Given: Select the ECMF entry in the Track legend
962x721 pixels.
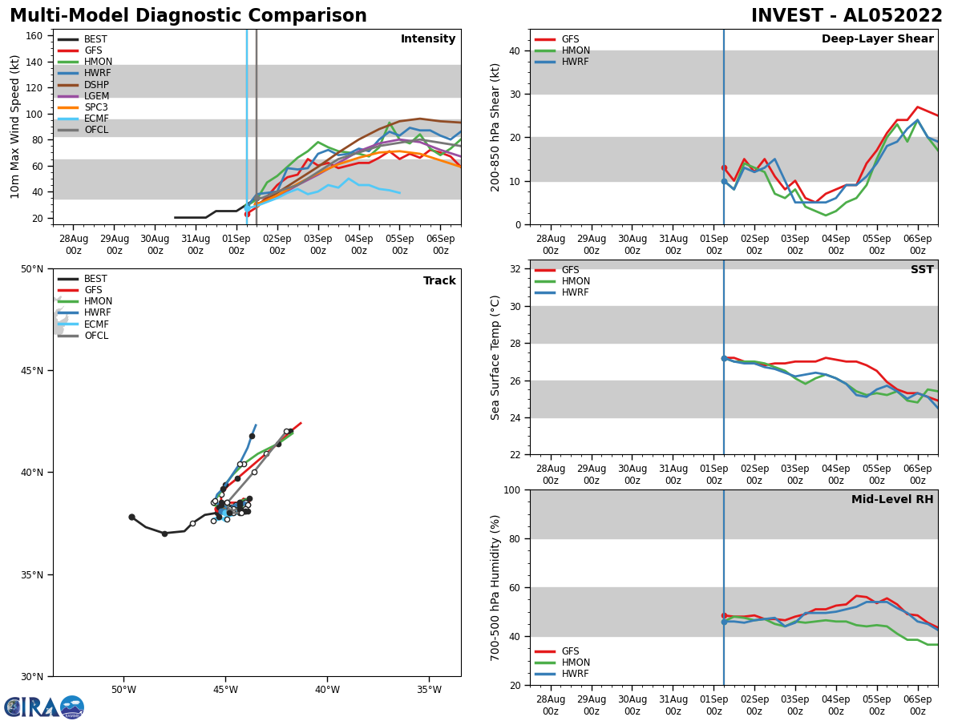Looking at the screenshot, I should click(96, 324).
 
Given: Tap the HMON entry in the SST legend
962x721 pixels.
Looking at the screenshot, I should click(576, 281).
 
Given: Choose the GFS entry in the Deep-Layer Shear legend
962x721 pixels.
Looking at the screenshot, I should click(570, 39).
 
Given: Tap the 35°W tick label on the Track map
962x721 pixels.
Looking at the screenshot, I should click(429, 690).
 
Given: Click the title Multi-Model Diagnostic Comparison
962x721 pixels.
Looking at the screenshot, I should click(188, 16).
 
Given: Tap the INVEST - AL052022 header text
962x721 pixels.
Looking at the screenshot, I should click(847, 16).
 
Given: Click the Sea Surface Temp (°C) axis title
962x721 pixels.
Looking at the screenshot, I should click(496, 357).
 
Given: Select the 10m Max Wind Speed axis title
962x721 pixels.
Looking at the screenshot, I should click(15, 127).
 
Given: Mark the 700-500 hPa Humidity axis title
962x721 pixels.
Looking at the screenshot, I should click(496, 587).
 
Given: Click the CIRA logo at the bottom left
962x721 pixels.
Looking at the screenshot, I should click(44, 707).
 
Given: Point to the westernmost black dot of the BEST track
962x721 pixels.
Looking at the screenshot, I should click(131, 518).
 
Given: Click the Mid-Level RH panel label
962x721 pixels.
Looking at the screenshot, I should click(892, 500).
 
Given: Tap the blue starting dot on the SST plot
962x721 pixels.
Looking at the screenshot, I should click(724, 358).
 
